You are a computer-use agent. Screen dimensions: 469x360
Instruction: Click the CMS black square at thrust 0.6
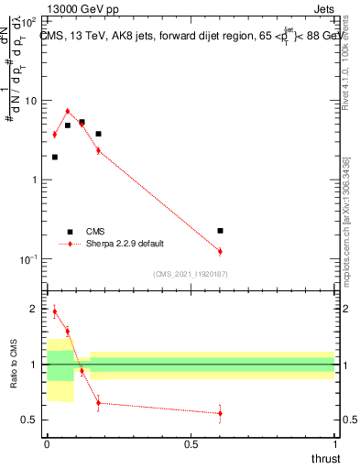tap(220, 231)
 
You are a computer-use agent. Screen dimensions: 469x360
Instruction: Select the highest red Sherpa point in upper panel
tap(68, 112)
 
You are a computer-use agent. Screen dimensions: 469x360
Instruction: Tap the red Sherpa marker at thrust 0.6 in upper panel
tap(220, 251)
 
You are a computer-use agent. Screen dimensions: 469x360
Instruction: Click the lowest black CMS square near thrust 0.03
tap(55, 157)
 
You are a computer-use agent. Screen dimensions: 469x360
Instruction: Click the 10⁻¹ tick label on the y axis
tap(31, 258)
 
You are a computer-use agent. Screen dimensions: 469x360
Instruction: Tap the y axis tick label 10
tap(35, 101)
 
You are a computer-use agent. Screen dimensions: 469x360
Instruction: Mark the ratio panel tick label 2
tap(37, 310)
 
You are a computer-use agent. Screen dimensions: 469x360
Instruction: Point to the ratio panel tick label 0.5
tap(33, 420)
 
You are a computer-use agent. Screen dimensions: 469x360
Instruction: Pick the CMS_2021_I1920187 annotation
tap(190, 273)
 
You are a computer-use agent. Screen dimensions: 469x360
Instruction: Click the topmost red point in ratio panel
tap(55, 311)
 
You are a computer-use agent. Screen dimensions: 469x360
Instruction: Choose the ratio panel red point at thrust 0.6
tap(220, 413)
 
